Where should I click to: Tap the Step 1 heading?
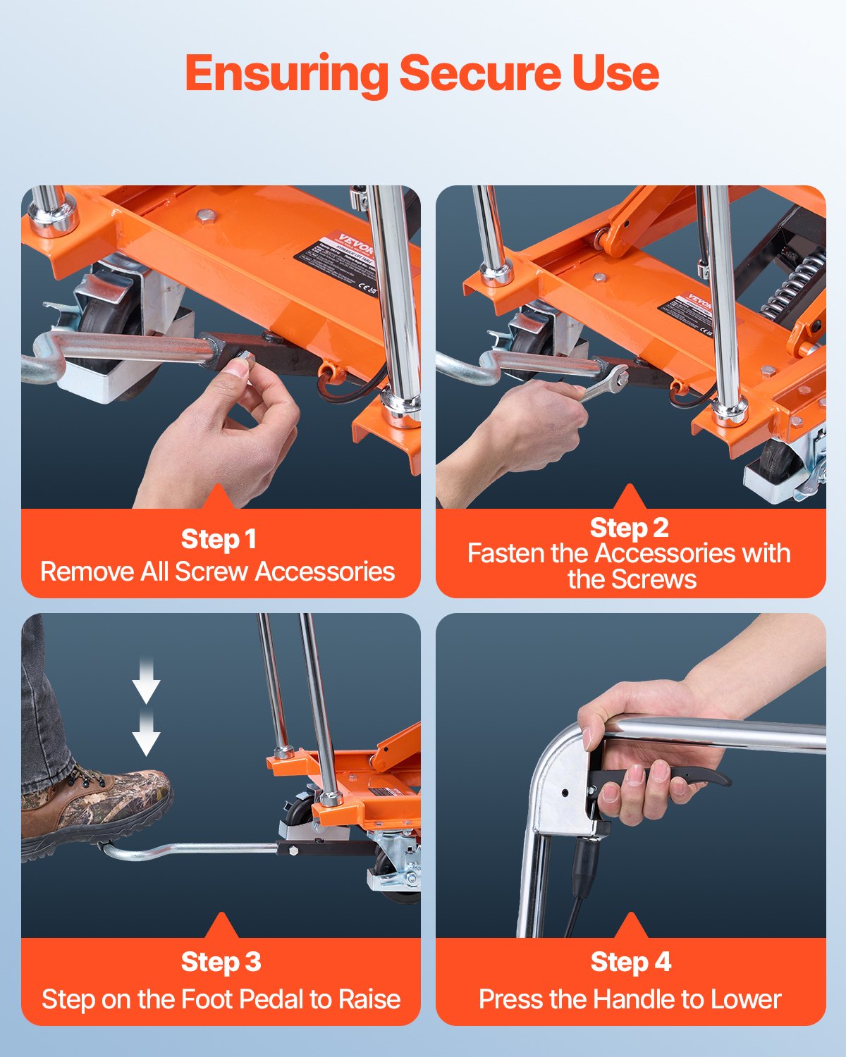(219, 539)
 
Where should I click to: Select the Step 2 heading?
(629, 528)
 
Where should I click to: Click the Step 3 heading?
(221, 962)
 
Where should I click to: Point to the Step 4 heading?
(630, 962)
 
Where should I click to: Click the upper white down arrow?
(146, 683)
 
